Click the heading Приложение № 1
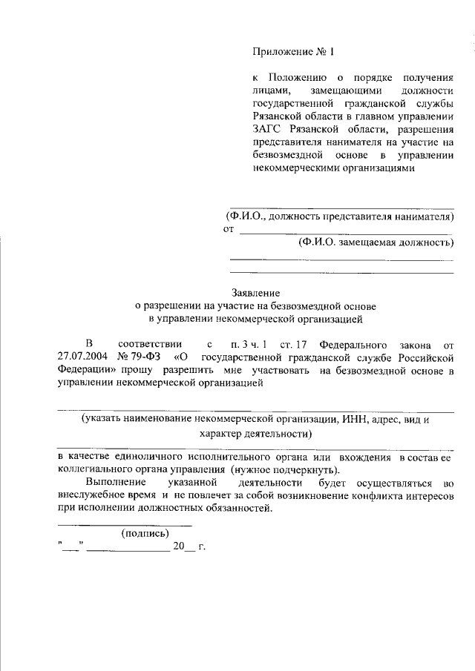[294, 53]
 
